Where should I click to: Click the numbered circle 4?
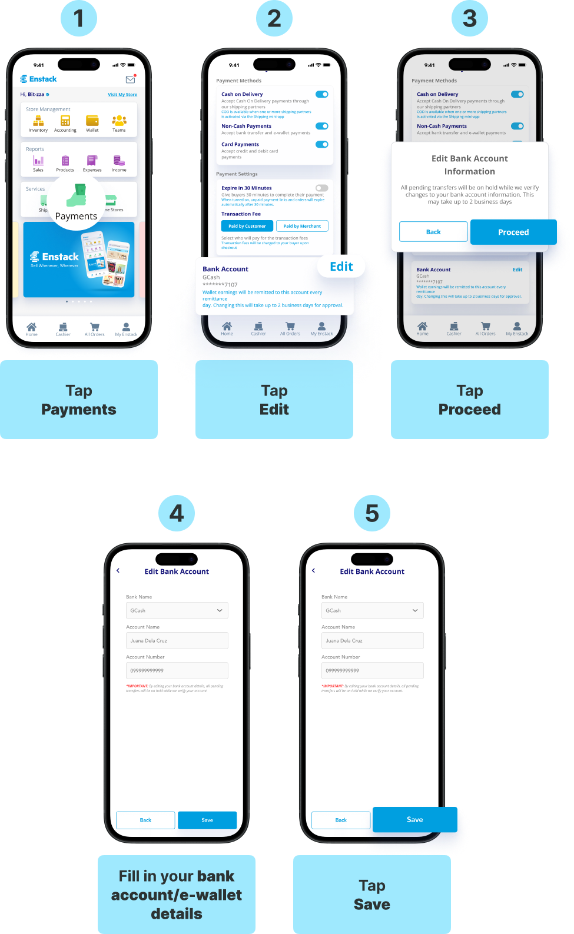point(177,513)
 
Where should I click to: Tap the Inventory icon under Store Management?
point(38,121)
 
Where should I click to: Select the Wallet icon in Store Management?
point(92,121)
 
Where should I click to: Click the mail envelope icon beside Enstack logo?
point(130,79)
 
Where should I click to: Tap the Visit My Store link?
point(122,95)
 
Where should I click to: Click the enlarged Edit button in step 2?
point(341,267)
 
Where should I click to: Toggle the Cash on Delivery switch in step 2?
point(321,94)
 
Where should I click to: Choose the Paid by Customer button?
point(247,226)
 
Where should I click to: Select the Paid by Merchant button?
point(302,226)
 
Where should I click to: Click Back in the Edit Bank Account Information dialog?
point(433,232)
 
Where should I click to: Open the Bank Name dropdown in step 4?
point(177,610)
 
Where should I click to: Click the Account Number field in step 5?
point(372,670)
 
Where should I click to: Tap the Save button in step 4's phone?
point(207,820)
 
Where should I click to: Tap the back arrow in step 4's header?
point(118,571)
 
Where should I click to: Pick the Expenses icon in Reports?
point(92,161)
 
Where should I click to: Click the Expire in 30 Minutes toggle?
point(321,188)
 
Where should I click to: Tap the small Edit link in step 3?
point(517,270)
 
